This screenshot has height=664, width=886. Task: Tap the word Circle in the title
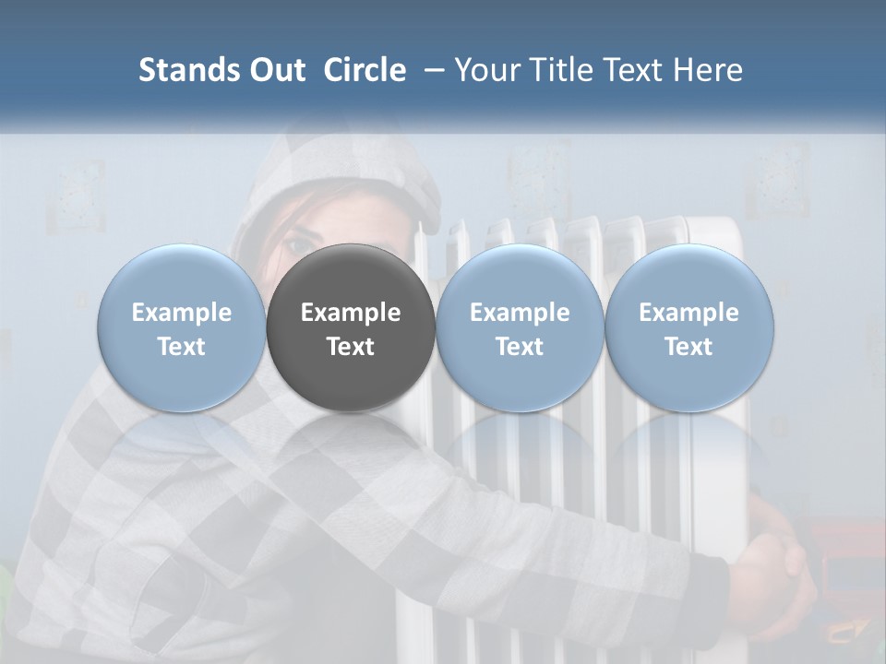click(365, 70)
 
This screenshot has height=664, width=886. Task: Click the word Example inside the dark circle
click(351, 313)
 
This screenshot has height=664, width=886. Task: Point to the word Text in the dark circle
click(351, 347)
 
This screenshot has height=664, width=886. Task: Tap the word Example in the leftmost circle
click(182, 313)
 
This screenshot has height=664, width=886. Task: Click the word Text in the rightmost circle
click(688, 347)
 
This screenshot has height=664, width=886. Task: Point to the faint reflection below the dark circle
click(351, 443)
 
